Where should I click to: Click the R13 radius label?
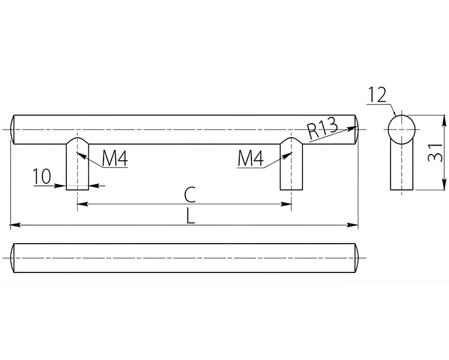pyautogui.click(x=323, y=130)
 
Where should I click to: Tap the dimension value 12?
pyautogui.click(x=377, y=95)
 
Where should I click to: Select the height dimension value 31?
pyautogui.click(x=435, y=152)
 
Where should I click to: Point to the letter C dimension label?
pyautogui.click(x=190, y=194)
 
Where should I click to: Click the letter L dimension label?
pyautogui.click(x=190, y=216)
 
